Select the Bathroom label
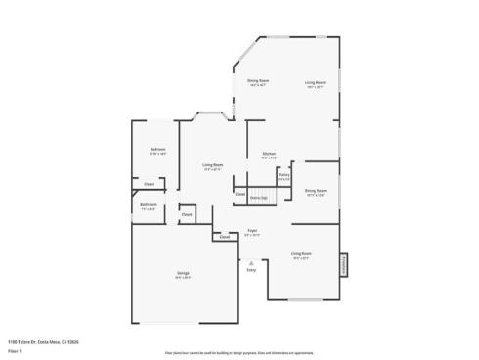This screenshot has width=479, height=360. point(149,205)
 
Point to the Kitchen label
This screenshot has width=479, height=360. point(269,155)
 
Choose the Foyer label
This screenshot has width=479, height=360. point(252,232)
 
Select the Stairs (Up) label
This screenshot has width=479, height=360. point(259,198)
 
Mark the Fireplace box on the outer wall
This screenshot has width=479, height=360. point(343,265)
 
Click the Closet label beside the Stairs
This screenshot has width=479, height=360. point(239,194)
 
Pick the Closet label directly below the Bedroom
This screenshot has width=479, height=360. point(149,184)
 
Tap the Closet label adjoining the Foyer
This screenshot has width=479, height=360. point(224,237)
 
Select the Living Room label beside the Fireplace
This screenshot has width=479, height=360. point(300,255)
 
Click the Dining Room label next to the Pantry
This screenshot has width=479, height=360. point(315,192)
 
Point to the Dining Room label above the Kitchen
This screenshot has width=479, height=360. point(258,81)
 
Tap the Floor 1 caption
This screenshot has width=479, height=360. point(14,349)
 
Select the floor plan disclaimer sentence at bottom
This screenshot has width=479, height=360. point(239,349)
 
